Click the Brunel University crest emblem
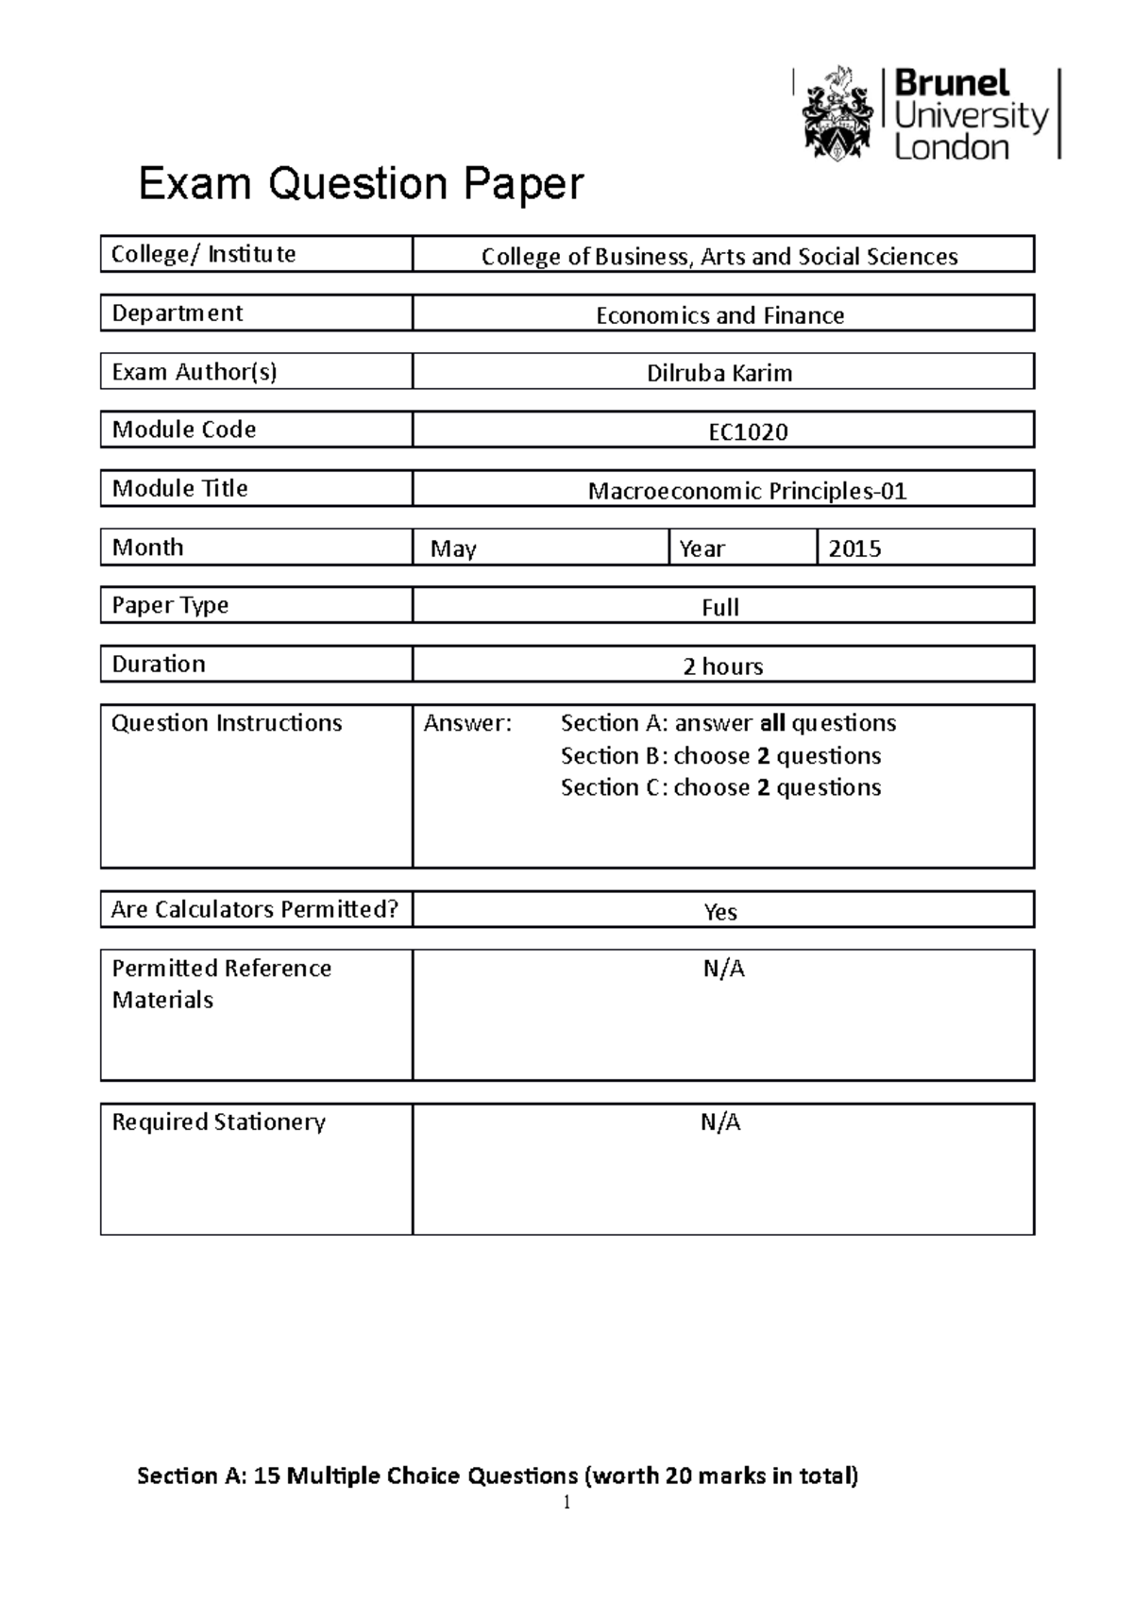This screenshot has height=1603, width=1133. pyautogui.click(x=836, y=113)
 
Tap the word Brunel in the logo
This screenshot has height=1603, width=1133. pyautogui.click(x=952, y=83)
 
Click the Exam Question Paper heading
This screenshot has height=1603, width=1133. pyautogui.click(x=361, y=183)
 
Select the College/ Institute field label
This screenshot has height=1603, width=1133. pyautogui.click(x=204, y=254)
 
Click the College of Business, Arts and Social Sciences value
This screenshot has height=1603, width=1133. pyautogui.click(x=719, y=257)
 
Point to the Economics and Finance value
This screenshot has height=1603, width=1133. pyautogui.click(x=719, y=315)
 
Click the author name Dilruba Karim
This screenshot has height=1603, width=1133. pyautogui.click(x=719, y=373)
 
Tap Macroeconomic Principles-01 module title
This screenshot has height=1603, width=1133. pyautogui.click(x=747, y=491)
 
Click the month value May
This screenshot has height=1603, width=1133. pyautogui.click(x=453, y=548)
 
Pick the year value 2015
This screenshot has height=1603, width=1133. pyautogui.click(x=854, y=548)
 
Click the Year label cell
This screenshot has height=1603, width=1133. pyautogui.click(x=702, y=548)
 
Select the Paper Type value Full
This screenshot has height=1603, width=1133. pyautogui.click(x=719, y=607)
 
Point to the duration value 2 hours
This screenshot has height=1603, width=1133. pyautogui.click(x=722, y=667)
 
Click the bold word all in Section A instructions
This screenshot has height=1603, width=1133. pyautogui.click(x=772, y=723)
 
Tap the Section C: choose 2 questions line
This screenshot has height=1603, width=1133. pyautogui.click(x=720, y=787)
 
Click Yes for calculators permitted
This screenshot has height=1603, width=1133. pyautogui.click(x=720, y=911)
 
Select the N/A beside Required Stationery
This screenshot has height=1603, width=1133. pyautogui.click(x=720, y=1122)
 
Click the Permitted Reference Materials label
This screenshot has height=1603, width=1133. pyautogui.click(x=222, y=984)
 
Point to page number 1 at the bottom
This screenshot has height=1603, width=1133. pyautogui.click(x=566, y=1504)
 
